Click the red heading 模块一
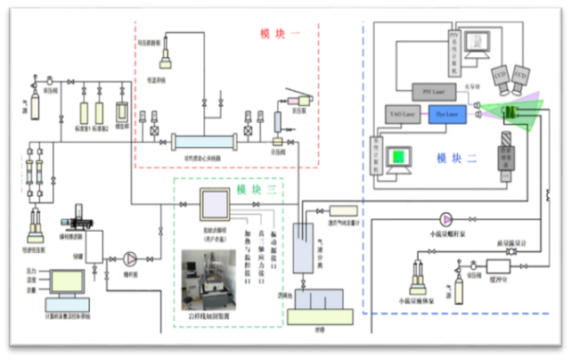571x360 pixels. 281,34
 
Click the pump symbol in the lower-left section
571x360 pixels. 130,258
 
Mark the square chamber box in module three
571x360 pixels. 215,207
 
